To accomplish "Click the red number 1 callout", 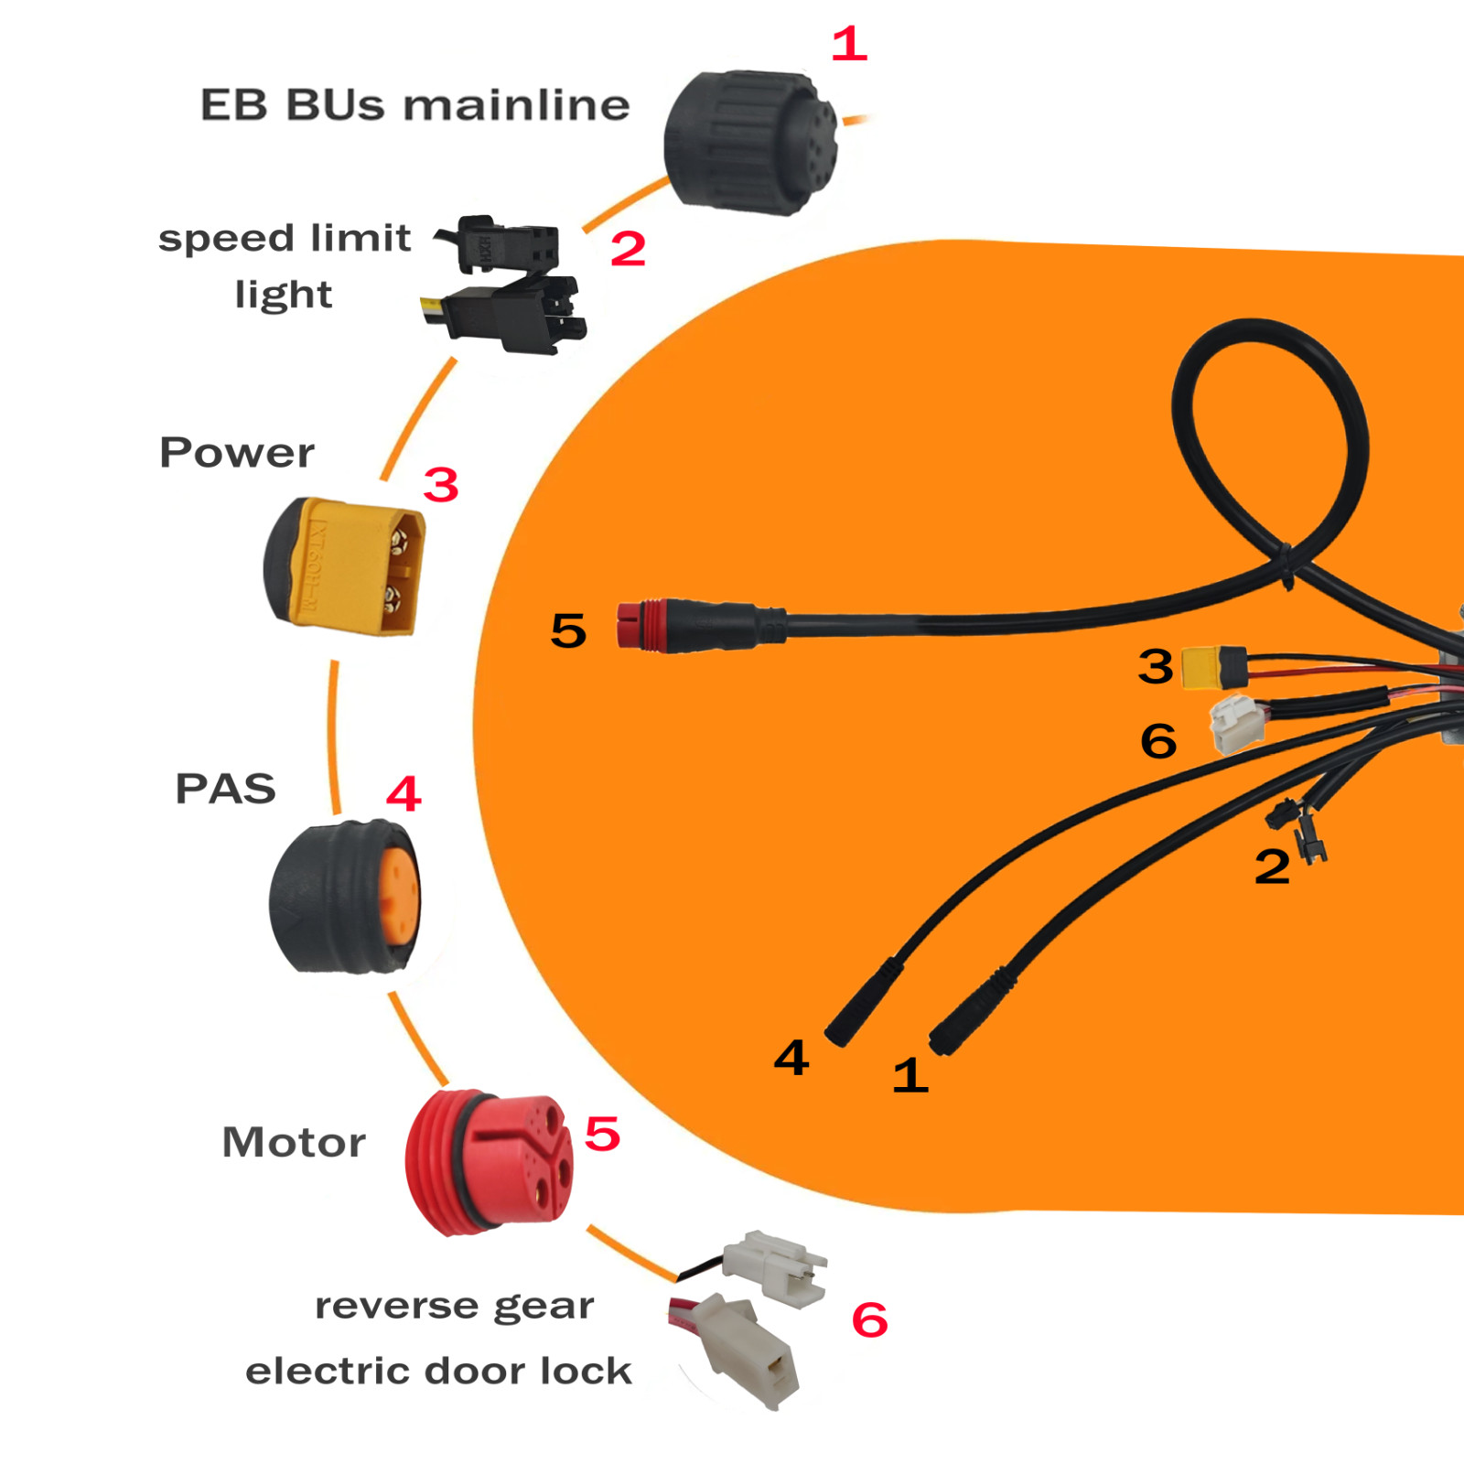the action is [849, 44].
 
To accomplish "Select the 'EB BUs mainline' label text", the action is [414, 104].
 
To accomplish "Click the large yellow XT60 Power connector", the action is [344, 565].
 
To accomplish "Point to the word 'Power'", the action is [236, 452].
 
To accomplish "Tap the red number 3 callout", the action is [441, 485].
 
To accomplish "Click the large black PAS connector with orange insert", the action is [345, 897].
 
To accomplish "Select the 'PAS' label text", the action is [225, 789].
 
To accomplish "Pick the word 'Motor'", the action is [294, 1142].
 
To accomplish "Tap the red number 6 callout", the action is [869, 1319].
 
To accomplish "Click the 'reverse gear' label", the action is [455, 1307].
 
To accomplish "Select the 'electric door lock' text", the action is [438, 1371].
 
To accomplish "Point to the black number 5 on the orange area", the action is [568, 630].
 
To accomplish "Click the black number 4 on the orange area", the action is [791, 1058].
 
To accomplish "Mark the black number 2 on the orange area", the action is [1272, 867].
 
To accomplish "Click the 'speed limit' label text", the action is [285, 238].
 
